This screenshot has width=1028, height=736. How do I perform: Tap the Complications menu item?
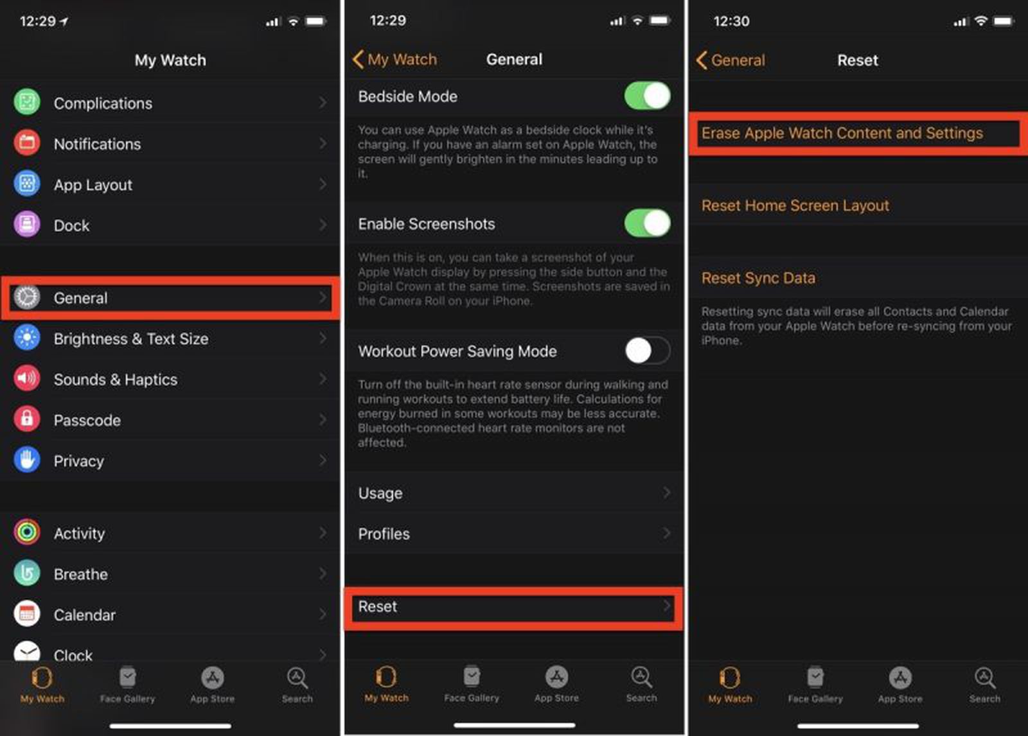click(103, 103)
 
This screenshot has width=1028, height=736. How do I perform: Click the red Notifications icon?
click(27, 143)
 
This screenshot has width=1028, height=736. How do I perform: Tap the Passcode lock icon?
click(27, 419)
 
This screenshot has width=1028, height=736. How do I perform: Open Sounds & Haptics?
click(116, 380)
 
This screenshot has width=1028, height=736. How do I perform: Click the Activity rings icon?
click(27, 532)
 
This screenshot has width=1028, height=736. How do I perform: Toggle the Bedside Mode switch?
click(647, 96)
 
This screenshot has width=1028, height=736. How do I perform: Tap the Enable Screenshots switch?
click(647, 223)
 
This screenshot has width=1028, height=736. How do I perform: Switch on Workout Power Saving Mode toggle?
click(647, 351)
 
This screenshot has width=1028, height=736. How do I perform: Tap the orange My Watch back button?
click(395, 60)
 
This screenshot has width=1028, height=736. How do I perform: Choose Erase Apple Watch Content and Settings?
click(842, 134)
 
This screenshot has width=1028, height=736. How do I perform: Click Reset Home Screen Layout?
click(795, 206)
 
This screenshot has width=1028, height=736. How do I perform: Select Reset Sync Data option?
click(758, 278)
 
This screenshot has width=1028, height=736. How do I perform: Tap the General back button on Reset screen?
click(731, 60)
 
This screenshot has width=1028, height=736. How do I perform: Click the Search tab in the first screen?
click(297, 685)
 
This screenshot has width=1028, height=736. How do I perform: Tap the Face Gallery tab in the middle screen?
click(472, 684)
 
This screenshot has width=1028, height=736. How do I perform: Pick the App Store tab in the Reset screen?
click(900, 685)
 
